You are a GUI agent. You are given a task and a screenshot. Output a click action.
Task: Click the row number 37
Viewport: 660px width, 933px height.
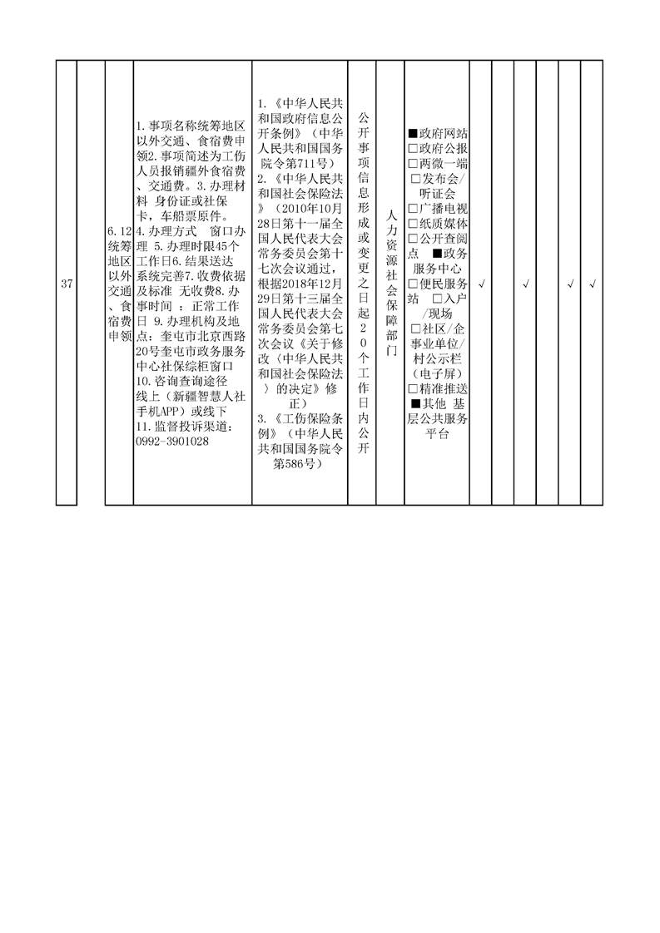click(67, 284)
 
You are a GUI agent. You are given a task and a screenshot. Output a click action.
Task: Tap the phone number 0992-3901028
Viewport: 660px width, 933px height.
click(172, 442)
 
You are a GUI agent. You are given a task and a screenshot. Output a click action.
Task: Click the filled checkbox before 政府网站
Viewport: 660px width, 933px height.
click(413, 133)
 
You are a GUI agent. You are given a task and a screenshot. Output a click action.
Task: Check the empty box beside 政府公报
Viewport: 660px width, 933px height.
click(413, 148)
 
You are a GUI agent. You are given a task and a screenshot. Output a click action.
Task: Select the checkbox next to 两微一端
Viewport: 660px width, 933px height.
click(413, 163)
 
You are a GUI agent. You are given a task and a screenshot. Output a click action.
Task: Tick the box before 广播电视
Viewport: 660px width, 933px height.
click(413, 209)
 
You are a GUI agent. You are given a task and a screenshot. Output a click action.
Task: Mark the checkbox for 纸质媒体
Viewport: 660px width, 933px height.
click(413, 224)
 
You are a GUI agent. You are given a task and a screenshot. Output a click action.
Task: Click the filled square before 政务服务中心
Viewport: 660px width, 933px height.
click(438, 254)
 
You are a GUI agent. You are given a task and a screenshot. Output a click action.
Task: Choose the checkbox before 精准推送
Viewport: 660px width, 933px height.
click(413, 389)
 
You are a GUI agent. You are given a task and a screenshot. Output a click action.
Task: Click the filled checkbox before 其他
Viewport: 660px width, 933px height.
click(416, 404)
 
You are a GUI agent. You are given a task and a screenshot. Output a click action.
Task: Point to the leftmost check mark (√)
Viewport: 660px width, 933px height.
click(481, 284)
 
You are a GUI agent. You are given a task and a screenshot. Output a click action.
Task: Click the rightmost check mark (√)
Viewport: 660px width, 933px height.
click(593, 284)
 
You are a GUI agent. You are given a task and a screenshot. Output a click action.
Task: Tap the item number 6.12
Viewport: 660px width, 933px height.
click(119, 231)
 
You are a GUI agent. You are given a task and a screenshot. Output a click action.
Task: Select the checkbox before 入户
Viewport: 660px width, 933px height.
click(438, 299)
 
